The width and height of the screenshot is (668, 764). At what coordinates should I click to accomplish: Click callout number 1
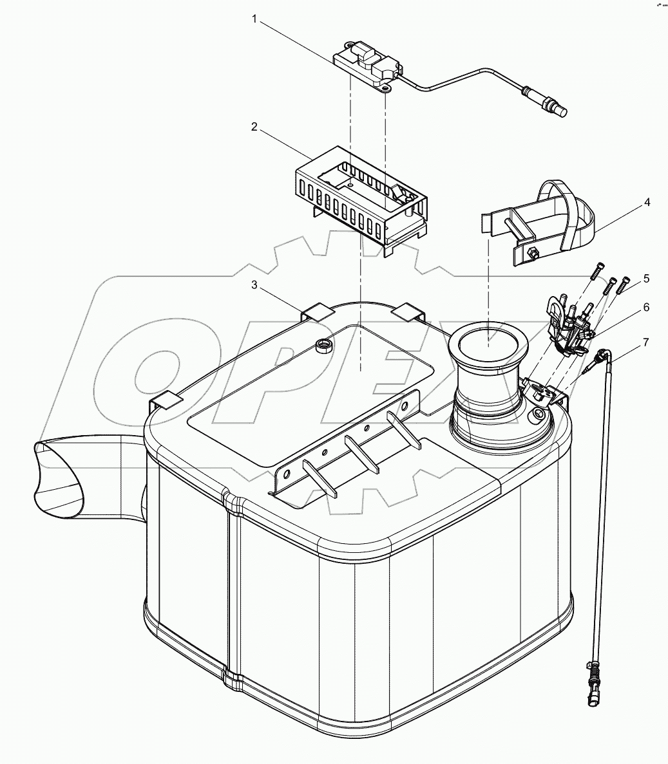[x=254, y=21]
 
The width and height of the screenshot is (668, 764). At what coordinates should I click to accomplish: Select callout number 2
[x=254, y=127]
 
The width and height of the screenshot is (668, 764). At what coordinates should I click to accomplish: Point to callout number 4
[x=646, y=202]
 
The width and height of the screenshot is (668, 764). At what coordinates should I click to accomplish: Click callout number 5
[x=646, y=279]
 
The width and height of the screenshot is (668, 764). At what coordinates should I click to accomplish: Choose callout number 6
[x=646, y=308]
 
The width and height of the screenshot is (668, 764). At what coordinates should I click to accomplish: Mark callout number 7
[x=646, y=342]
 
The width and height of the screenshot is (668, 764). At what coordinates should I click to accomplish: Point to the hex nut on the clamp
[x=533, y=252]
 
